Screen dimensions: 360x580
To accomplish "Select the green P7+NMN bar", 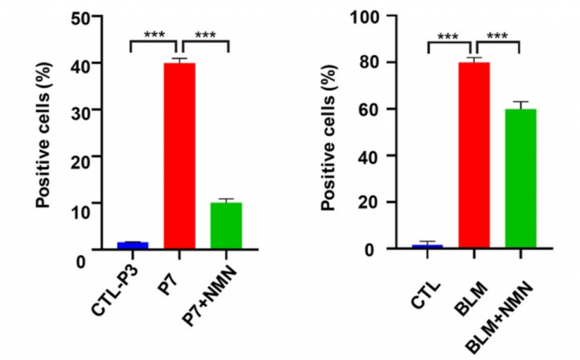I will click(x=226, y=225).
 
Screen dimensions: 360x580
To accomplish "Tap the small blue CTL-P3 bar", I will click(x=133, y=245).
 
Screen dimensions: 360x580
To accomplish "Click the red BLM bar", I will click(x=474, y=155).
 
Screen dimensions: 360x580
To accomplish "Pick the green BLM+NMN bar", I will click(x=521, y=178).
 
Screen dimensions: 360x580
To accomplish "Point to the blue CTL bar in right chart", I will click(x=427, y=246).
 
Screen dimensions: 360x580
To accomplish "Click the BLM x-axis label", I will click(x=463, y=284).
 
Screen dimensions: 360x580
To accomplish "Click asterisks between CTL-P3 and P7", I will click(x=153, y=35).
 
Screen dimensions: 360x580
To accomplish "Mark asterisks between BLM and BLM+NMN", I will click(x=498, y=35).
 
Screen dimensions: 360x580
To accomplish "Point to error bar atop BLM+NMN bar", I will click(x=521, y=104).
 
